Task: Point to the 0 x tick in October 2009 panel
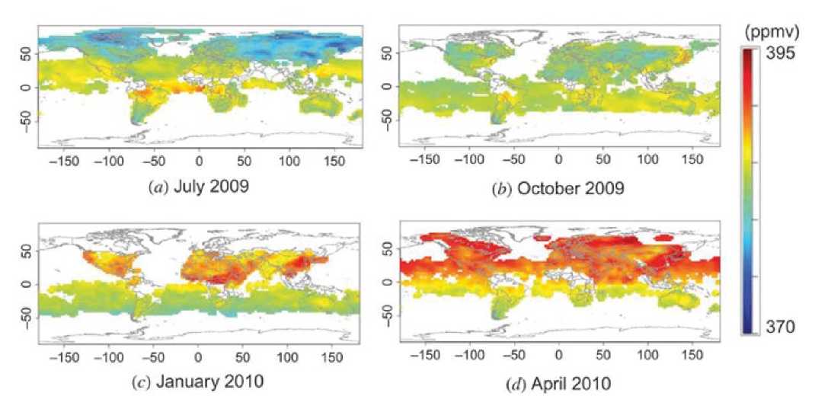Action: [x=558, y=162]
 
